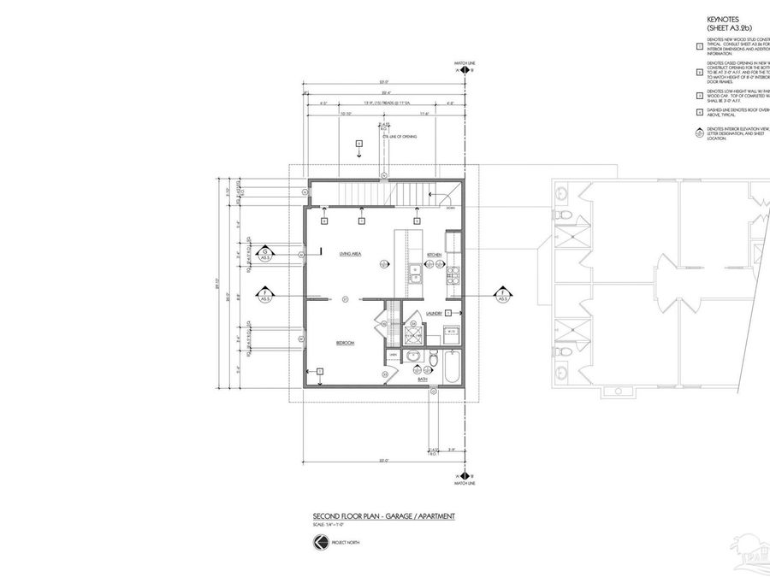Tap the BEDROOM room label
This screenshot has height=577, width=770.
coord(345,343)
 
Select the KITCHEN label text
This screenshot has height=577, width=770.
coord(434,254)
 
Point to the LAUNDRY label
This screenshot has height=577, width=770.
coord(432,314)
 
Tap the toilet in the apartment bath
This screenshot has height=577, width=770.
coord(433,362)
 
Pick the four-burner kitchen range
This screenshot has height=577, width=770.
coord(454,274)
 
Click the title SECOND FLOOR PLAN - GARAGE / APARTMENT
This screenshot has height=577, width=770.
coord(383,516)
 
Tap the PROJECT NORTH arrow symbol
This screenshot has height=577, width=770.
coord(319,542)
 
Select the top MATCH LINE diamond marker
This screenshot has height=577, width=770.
coord(463,73)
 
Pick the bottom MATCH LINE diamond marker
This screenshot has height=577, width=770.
coord(463,472)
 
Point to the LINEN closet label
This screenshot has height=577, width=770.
coord(394,354)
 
